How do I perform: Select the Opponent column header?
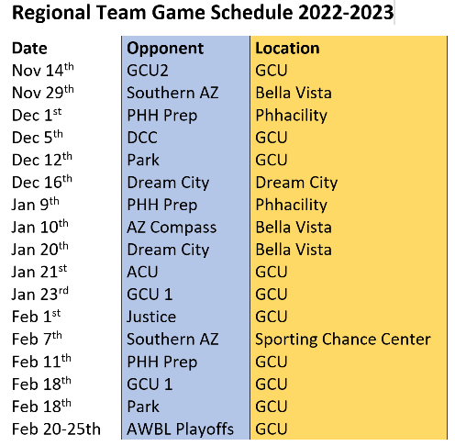tap(165, 49)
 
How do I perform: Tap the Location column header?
tap(287, 48)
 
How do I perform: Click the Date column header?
tap(29, 49)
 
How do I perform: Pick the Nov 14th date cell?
tap(43, 70)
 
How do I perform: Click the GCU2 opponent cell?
tap(148, 71)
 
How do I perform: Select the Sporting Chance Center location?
tap(343, 340)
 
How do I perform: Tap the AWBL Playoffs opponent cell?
tap(180, 429)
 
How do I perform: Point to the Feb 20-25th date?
tap(56, 429)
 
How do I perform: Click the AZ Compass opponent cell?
tap(172, 229)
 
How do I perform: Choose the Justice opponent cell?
tap(151, 317)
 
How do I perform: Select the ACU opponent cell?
tap(142, 272)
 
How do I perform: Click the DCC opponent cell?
tap(142, 138)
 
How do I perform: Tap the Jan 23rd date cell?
tap(40, 294)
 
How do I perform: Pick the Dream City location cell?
tap(296, 183)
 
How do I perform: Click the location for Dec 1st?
tap(292, 116)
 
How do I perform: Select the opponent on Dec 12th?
tap(143, 160)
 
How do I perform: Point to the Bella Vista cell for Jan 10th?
tap(294, 228)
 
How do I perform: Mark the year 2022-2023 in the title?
tap(346, 13)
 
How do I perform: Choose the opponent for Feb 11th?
tap(162, 362)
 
